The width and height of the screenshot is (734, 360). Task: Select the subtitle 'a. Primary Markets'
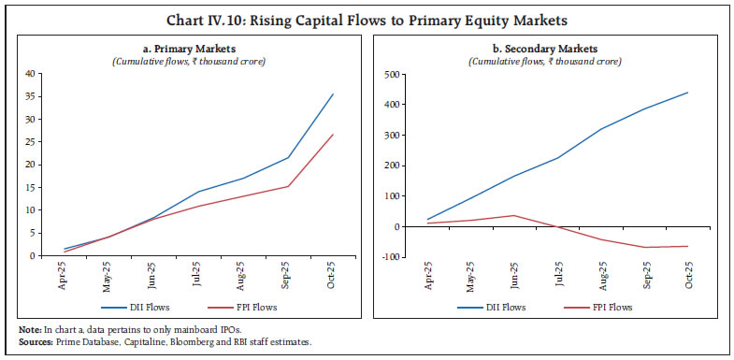(x=185, y=50)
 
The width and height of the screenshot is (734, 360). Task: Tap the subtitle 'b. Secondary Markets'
(x=552, y=50)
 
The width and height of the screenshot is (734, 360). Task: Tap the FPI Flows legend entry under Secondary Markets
(x=610, y=306)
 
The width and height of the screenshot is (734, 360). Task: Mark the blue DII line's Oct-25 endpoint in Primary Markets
(x=333, y=94)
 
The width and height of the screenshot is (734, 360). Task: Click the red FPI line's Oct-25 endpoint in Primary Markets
(x=333, y=135)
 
